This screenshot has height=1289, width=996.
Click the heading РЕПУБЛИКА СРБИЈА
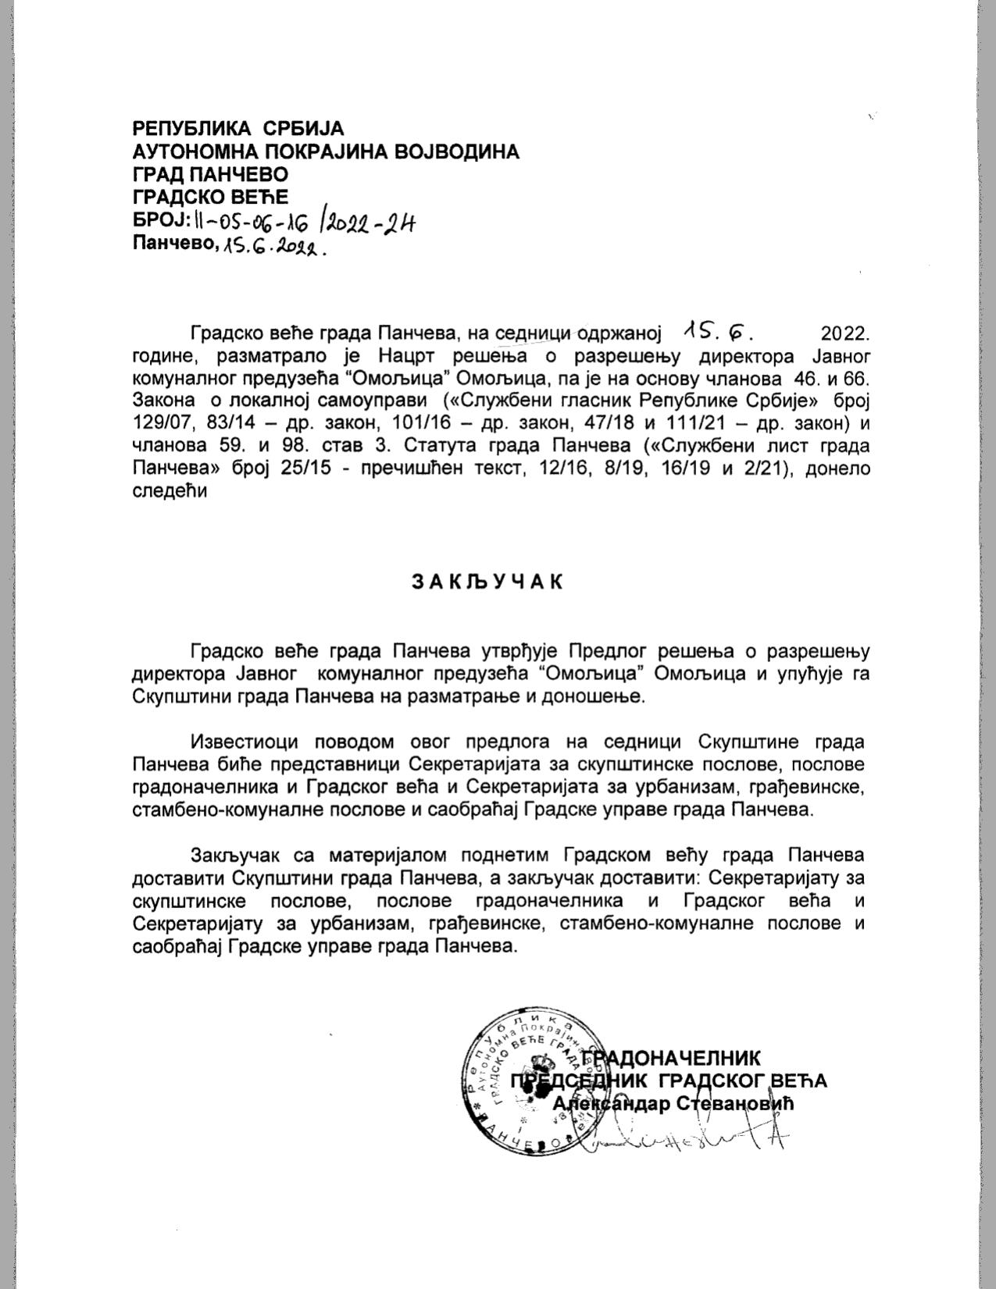[238, 128]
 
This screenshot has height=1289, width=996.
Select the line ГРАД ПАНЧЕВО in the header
[210, 173]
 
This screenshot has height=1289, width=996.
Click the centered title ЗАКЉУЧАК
[486, 582]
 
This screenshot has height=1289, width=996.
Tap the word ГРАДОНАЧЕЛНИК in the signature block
[672, 1058]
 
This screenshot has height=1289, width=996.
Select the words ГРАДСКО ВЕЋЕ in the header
[210, 196]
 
